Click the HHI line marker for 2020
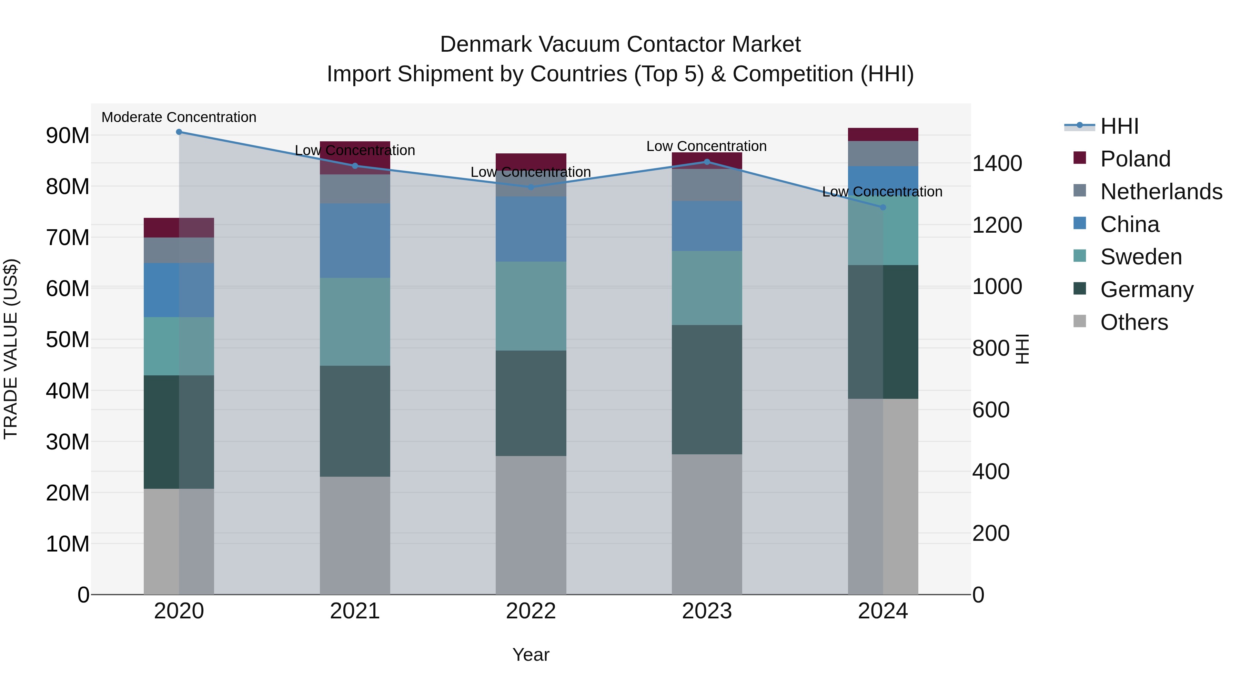(x=179, y=132)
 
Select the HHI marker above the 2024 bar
(x=882, y=208)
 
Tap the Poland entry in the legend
(x=1135, y=159)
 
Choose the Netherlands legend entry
(x=1161, y=192)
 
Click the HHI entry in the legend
(x=1119, y=126)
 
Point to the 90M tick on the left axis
(x=68, y=136)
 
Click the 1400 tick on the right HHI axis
(x=997, y=163)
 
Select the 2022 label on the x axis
(x=531, y=611)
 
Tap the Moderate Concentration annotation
(x=179, y=117)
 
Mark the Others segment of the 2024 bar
(x=882, y=496)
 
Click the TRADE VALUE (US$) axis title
(x=11, y=349)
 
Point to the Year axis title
(x=531, y=655)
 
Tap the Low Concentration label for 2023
(x=706, y=146)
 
